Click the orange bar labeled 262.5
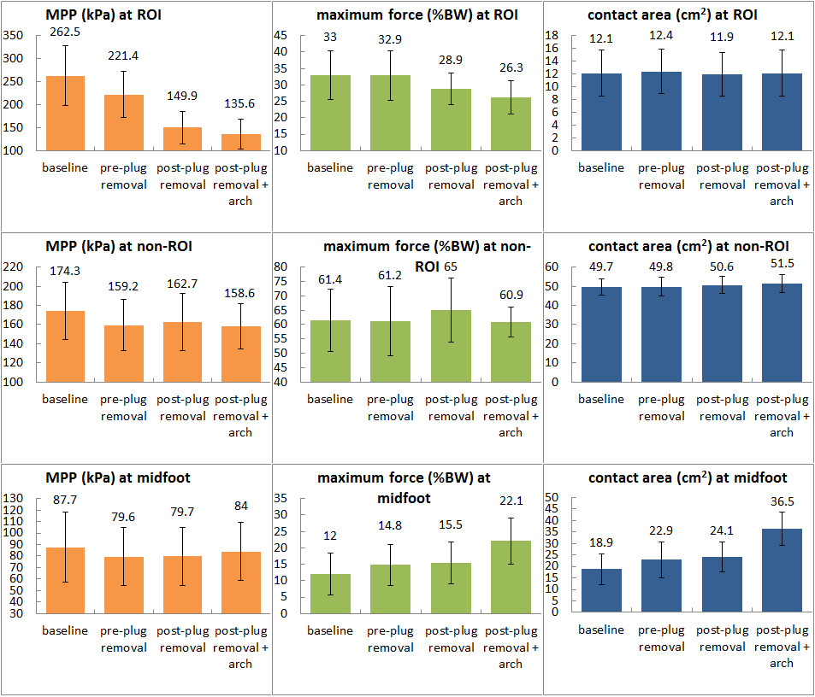point(66,114)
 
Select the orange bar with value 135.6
point(241,143)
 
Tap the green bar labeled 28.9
point(452,120)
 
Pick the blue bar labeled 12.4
point(661,112)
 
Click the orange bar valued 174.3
point(66,347)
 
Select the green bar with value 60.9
point(511,353)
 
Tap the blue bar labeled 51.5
point(783,333)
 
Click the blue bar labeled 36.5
point(783,571)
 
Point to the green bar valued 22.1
point(511,577)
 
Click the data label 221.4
point(123,56)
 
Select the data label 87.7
point(65,500)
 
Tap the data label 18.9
point(601,543)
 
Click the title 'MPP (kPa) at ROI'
point(103,15)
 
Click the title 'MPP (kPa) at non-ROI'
point(119,246)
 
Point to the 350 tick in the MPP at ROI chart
point(13,35)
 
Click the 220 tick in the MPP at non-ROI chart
point(13,266)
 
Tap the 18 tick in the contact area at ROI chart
point(552,35)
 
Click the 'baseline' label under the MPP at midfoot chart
point(65,630)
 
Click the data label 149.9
point(182,96)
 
